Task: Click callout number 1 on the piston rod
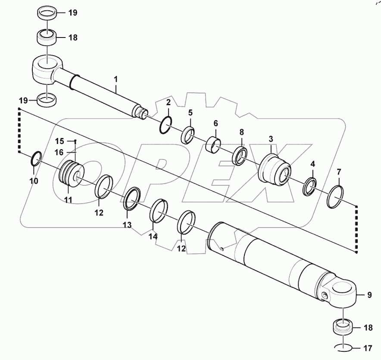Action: (116, 79)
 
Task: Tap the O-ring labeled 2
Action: (166, 125)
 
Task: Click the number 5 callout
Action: (190, 113)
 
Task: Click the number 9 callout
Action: (369, 295)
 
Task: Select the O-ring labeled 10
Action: (36, 159)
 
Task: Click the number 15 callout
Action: (59, 141)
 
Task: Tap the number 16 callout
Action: (59, 152)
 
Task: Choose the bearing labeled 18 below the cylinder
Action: (344, 327)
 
